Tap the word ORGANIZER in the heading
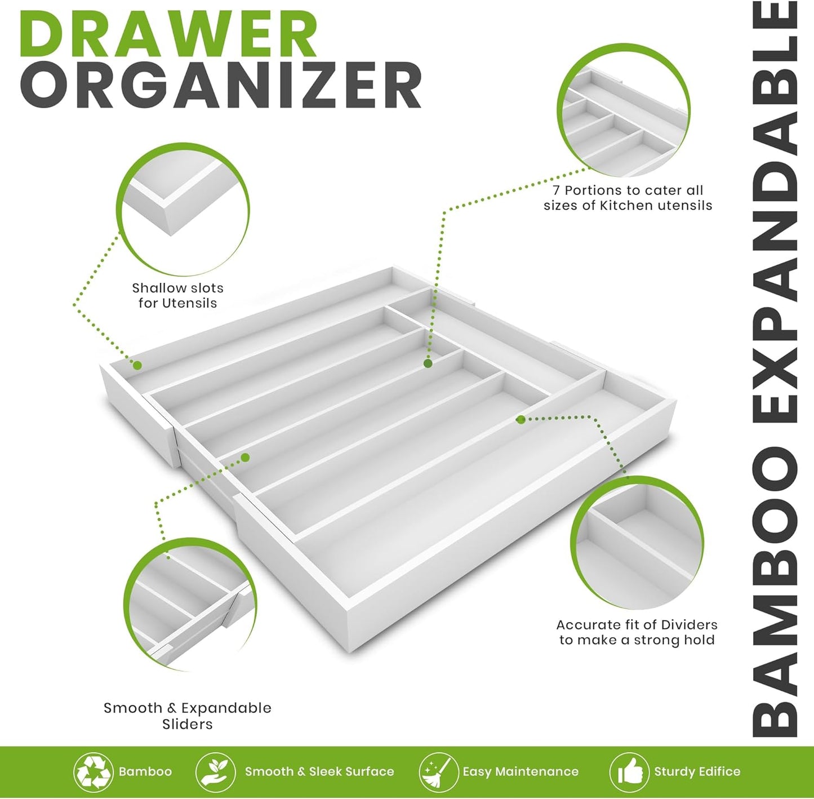[221, 86]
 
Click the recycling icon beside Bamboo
[94, 771]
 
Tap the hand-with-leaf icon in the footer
[215, 771]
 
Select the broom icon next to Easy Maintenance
[438, 771]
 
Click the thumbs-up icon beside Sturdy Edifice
[629, 771]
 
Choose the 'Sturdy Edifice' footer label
[697, 771]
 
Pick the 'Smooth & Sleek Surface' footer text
[319, 771]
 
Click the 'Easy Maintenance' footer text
[521, 771]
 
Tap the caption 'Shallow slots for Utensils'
[177, 295]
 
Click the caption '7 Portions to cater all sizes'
[628, 198]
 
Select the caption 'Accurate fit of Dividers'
[637, 632]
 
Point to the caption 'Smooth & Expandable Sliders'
[187, 716]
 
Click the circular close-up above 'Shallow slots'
[183, 208]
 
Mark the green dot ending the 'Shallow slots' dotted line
[136, 365]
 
